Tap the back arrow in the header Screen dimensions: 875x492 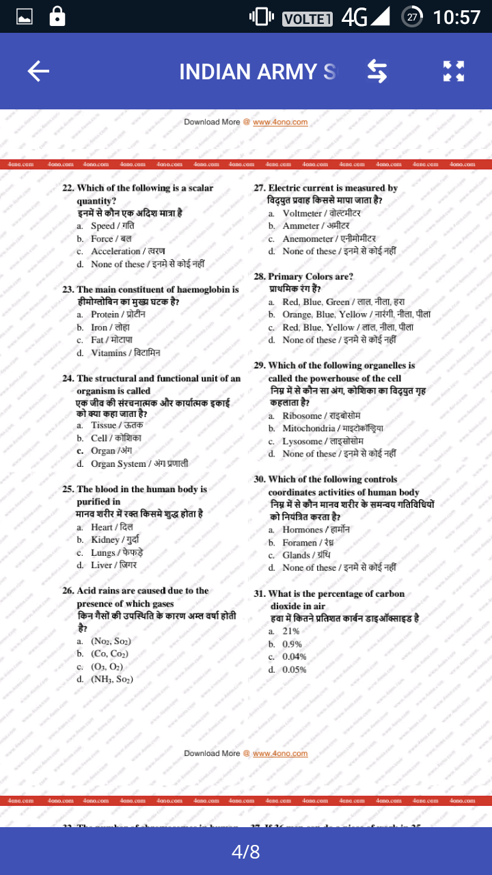(x=38, y=71)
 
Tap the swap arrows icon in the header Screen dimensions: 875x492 (x=377, y=71)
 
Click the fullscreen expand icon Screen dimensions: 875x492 (x=453, y=71)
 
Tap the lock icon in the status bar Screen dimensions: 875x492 (x=57, y=16)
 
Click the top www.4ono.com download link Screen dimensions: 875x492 (x=280, y=122)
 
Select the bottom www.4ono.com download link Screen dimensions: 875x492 (x=280, y=753)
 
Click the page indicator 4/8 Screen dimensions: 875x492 (x=246, y=852)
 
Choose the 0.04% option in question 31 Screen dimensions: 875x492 (x=294, y=657)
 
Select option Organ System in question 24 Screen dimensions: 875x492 (x=118, y=463)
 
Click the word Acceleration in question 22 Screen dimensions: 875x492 (x=115, y=251)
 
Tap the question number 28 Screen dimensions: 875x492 (x=260, y=277)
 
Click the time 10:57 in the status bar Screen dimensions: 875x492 (x=456, y=16)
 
